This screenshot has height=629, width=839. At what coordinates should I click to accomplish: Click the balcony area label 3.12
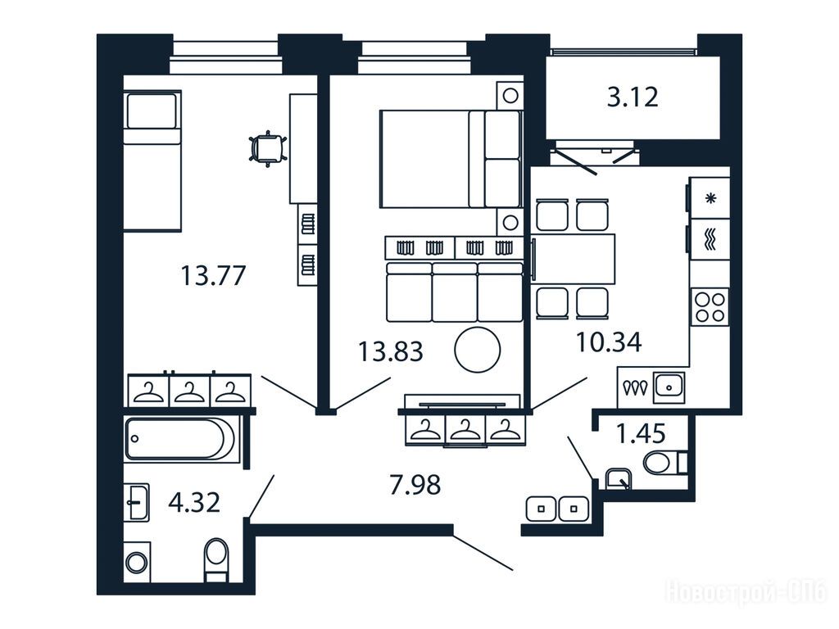click(633, 98)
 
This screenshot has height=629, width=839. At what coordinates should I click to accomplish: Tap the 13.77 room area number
click(213, 276)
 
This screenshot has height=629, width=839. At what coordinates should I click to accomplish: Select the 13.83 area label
click(391, 352)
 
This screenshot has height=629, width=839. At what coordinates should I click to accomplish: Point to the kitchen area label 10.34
click(609, 342)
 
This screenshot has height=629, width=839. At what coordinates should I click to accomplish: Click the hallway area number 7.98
click(415, 485)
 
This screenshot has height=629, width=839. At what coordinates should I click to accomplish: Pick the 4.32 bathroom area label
click(194, 503)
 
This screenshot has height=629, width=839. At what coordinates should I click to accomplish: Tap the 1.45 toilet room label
click(641, 433)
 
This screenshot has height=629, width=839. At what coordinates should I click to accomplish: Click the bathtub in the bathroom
click(183, 439)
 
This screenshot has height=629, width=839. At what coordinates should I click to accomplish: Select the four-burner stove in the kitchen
click(710, 307)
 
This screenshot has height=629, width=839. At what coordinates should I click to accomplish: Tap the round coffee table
click(478, 350)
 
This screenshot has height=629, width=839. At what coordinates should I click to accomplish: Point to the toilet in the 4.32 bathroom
click(216, 559)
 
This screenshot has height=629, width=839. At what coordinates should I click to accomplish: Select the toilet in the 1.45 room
click(664, 462)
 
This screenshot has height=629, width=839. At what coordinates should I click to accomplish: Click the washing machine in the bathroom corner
click(137, 563)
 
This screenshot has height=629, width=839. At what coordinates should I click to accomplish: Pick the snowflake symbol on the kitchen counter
click(710, 199)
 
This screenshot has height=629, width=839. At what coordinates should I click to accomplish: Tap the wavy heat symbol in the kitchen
click(710, 239)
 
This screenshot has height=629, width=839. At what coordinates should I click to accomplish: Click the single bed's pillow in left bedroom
click(152, 111)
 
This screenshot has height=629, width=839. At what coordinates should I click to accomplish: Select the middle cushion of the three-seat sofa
click(454, 292)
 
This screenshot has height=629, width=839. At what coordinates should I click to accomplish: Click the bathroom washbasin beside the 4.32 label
click(137, 503)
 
